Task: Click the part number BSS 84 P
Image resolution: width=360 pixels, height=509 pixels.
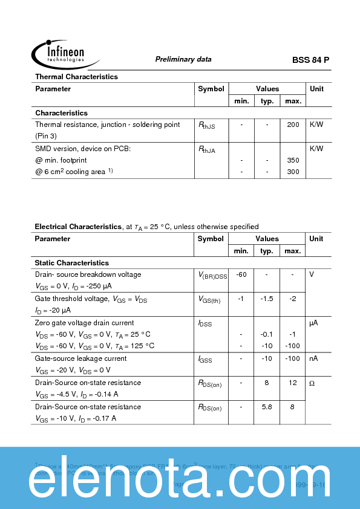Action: click(310, 60)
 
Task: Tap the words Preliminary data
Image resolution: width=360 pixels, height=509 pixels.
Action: click(183, 59)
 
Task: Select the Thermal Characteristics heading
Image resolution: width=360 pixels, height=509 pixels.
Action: click(76, 77)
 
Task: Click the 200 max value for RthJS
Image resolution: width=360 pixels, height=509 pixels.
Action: click(293, 125)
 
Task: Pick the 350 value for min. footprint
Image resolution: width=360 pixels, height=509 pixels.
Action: click(293, 160)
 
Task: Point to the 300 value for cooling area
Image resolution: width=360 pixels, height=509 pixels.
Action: click(293, 172)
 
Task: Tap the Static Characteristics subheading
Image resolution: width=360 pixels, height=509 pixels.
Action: click(72, 263)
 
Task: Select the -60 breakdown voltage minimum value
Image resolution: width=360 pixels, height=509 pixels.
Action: click(241, 274)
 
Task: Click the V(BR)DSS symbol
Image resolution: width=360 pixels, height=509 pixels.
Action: click(213, 275)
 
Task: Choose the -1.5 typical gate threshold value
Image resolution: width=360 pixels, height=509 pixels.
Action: click(267, 299)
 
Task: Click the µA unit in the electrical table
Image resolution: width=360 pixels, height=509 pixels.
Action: click(313, 323)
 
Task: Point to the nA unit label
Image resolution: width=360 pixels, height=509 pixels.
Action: click(313, 358)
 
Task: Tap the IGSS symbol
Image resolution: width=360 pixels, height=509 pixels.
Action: click(205, 359)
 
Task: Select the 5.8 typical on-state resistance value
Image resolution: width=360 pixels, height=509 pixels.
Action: click(267, 407)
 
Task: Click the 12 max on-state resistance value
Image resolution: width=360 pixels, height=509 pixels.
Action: click(292, 383)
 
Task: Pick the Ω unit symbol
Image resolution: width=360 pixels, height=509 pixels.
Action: click(312, 383)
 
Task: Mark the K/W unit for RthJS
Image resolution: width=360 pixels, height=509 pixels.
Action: click(316, 125)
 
